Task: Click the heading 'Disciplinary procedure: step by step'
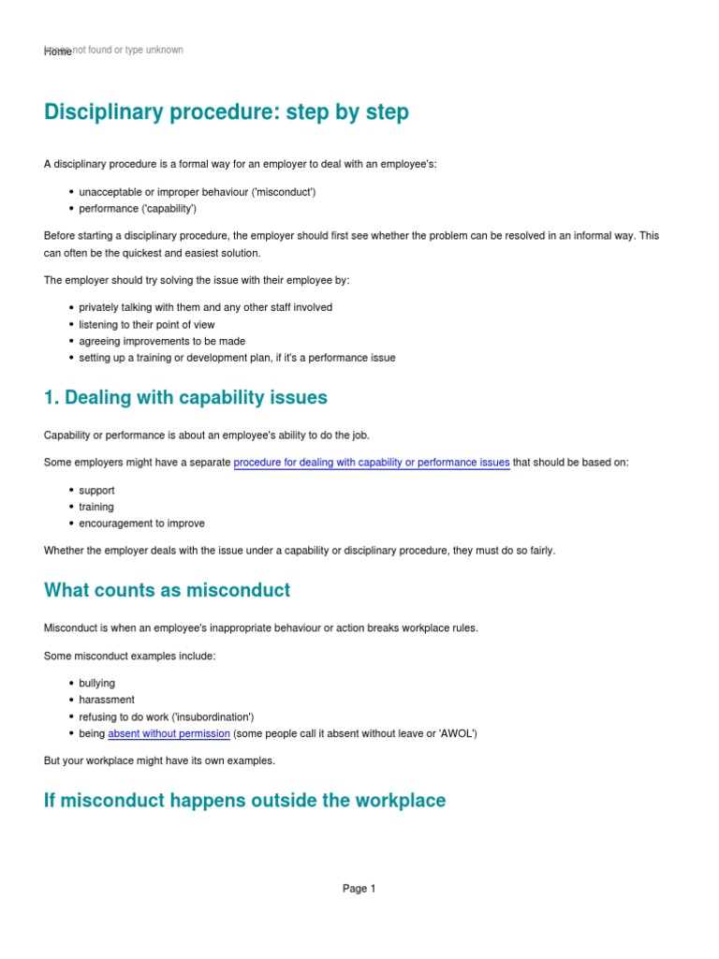pos(227,112)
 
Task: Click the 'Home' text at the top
pos(57,52)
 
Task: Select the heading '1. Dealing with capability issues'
pos(185,397)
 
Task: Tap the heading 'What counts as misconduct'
pos(167,590)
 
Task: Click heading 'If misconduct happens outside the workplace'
pos(244,800)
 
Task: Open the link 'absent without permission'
pos(169,733)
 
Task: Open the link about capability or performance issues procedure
pos(372,462)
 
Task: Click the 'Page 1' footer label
pos(359,889)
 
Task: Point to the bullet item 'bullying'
pos(97,683)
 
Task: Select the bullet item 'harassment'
pos(107,700)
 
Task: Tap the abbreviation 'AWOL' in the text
pos(459,733)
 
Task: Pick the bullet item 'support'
pos(96,490)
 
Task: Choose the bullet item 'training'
pos(96,507)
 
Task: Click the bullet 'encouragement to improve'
pos(141,524)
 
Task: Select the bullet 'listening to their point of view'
pos(147,324)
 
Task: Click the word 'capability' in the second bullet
pos(169,209)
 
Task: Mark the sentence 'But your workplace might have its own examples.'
pos(159,760)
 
